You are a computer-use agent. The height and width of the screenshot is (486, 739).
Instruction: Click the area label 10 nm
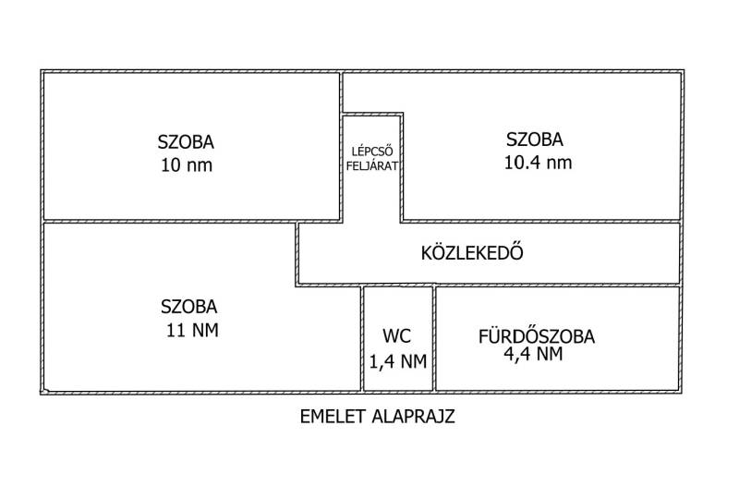click(187, 165)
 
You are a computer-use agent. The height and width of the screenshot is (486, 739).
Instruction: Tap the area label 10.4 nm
click(539, 163)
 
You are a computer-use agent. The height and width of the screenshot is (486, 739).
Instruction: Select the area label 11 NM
click(192, 331)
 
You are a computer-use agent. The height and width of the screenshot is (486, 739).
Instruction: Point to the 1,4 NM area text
click(398, 361)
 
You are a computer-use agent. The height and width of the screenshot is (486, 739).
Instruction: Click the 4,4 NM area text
click(534, 354)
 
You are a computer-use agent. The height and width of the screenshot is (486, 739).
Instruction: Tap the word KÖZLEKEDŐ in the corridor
click(472, 252)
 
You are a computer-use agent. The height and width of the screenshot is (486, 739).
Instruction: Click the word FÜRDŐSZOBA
click(537, 336)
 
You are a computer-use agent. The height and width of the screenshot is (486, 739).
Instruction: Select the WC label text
click(397, 336)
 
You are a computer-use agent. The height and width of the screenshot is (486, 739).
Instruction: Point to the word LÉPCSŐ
click(372, 152)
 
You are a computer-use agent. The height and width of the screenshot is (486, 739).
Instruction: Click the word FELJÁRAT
click(372, 166)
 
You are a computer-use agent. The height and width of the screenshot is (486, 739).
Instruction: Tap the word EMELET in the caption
click(333, 417)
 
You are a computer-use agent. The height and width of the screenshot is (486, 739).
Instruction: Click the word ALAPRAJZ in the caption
click(413, 417)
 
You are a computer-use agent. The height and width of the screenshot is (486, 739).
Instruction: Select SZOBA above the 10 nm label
click(186, 142)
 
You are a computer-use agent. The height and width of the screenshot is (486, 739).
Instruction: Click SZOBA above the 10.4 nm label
click(535, 140)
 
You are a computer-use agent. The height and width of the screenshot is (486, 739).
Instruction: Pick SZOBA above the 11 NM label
click(189, 307)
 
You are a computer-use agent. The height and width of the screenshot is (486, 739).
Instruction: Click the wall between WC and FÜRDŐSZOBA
click(434, 338)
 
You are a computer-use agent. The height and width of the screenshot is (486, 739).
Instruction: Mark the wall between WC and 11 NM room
click(362, 338)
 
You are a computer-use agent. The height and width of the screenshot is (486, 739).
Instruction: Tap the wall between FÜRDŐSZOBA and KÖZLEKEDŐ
click(558, 285)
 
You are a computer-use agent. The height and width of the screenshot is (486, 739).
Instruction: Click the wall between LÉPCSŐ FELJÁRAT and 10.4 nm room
click(402, 167)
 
